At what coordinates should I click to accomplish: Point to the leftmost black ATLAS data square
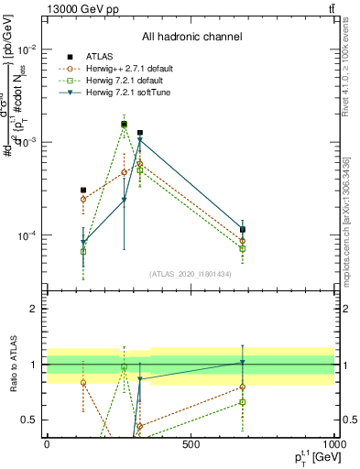pyautogui.click(x=83, y=191)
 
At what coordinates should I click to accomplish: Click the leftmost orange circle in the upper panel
pyautogui.click(x=83, y=199)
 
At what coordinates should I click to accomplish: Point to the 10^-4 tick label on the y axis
pyautogui.click(x=26, y=235)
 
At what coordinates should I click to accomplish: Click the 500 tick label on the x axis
pyautogui.click(x=191, y=443)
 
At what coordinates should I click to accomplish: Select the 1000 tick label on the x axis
pyautogui.click(x=333, y=443)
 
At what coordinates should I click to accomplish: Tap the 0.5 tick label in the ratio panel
pyautogui.click(x=28, y=420)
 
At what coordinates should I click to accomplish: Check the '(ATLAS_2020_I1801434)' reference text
pyautogui.click(x=191, y=274)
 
